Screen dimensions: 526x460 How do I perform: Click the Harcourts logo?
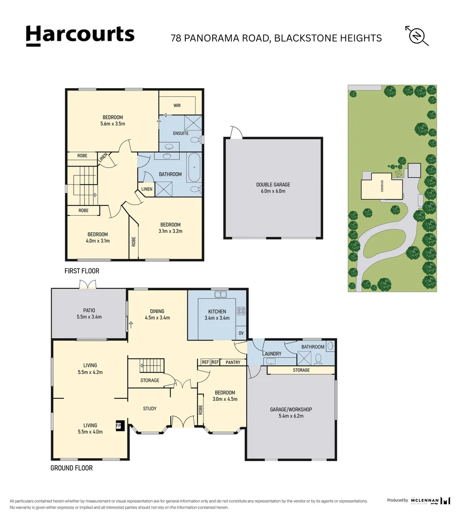coord(80,35)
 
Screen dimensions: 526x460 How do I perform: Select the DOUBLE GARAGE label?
coord(273,185)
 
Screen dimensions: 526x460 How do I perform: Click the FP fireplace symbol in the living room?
coord(119,426)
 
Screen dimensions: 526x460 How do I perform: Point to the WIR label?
coord(177,105)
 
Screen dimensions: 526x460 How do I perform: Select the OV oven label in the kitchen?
coord(241,334)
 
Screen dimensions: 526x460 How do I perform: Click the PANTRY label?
coord(233,362)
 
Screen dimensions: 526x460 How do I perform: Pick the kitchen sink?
coord(220,294)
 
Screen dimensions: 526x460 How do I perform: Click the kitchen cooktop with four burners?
coord(240,310)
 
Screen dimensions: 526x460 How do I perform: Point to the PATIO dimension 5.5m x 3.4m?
coord(88,317)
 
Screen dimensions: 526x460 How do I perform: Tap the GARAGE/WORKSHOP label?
coord(291,410)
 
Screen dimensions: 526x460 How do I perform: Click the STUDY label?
coord(150,409)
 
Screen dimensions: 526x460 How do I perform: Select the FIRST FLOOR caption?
coord(81,271)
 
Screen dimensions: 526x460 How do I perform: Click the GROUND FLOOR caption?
coord(71,468)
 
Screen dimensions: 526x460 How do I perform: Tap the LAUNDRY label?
coord(272,354)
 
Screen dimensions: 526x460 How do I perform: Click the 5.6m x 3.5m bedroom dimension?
coord(113,124)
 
